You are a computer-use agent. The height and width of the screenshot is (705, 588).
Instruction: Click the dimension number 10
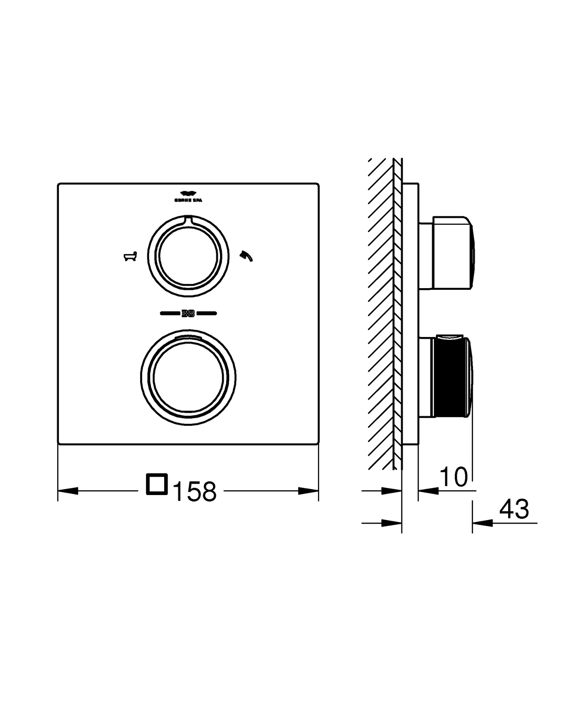(454, 477)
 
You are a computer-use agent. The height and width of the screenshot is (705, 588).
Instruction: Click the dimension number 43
(514, 509)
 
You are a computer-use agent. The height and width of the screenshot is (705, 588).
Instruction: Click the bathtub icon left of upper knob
(130, 256)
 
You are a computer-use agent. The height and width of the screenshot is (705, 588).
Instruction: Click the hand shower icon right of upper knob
(246, 256)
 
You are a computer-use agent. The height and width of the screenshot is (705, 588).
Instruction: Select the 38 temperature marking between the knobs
(188, 313)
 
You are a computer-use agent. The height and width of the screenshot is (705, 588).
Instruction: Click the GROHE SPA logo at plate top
(188, 196)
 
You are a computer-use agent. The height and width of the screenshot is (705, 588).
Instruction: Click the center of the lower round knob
(188, 378)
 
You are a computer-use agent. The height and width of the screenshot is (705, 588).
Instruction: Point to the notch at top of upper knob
(188, 219)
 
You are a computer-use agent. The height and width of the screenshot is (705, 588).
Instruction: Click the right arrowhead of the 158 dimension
(308, 491)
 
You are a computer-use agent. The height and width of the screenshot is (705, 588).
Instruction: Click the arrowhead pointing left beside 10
(429, 491)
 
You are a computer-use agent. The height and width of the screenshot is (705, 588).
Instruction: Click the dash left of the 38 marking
(170, 313)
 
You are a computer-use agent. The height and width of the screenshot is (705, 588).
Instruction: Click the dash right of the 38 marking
(206, 313)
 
